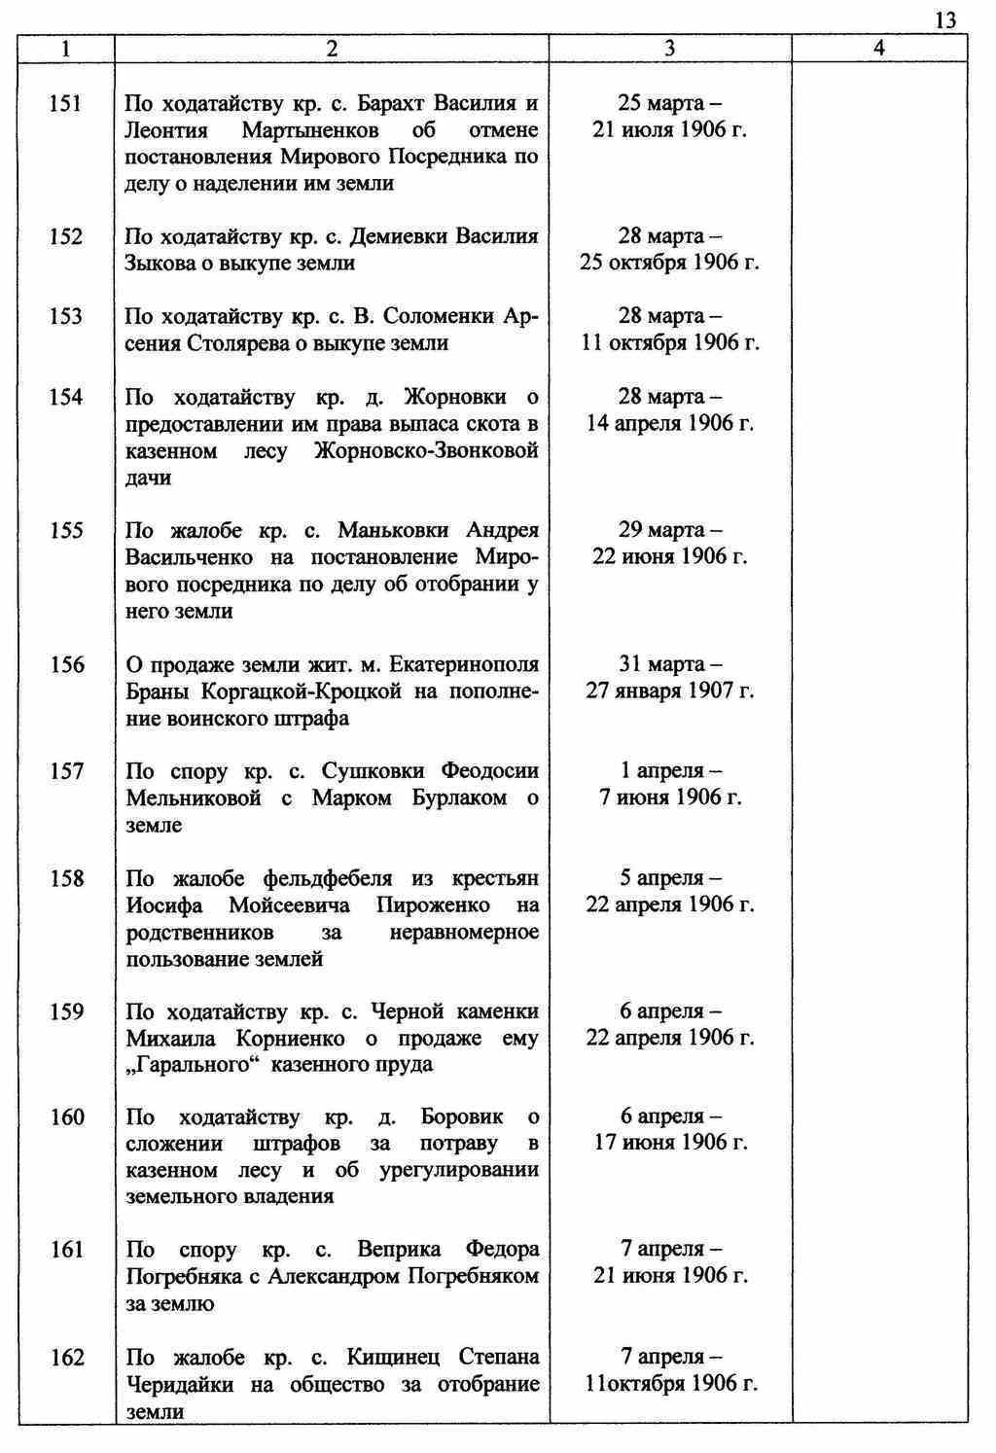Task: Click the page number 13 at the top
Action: point(944,20)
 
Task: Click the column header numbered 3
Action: point(669,49)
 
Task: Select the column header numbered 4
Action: point(878,49)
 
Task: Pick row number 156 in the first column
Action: point(66,665)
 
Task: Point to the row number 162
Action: point(66,1358)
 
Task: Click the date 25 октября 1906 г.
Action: point(669,264)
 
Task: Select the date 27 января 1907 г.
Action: point(669,691)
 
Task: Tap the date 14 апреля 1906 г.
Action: point(669,424)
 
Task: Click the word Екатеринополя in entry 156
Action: point(464,665)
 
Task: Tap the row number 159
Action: point(66,1012)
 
